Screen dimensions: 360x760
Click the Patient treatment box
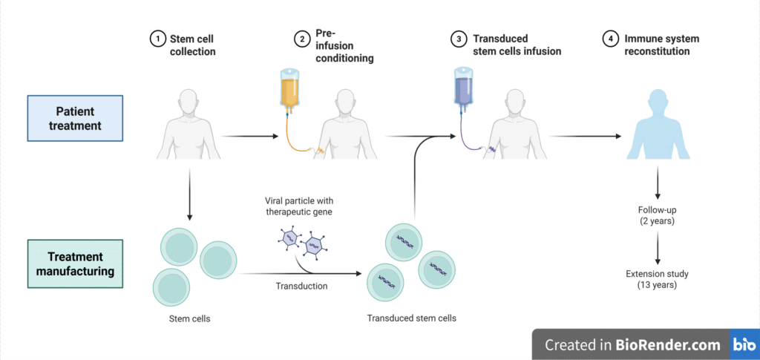[x=76, y=118]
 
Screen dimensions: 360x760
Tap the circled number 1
[x=157, y=39]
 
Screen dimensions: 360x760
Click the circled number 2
[x=302, y=39]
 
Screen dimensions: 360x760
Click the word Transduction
[x=301, y=287]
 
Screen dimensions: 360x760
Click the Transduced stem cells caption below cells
[x=412, y=318]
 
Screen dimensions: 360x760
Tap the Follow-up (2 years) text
[x=657, y=215]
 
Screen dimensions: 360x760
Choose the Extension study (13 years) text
[x=658, y=280]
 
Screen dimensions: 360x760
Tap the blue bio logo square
[x=744, y=344]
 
